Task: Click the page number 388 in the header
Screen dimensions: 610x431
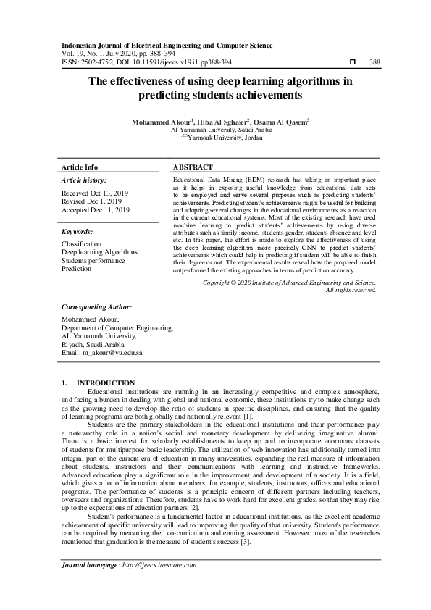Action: coord(374,63)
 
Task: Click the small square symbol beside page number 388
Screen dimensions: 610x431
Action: coord(351,63)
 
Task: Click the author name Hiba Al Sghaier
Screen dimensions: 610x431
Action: coord(222,122)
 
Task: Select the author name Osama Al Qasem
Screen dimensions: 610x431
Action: coord(282,122)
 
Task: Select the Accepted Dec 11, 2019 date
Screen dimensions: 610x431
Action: coord(96,210)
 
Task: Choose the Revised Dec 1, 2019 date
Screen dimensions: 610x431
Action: coord(92,202)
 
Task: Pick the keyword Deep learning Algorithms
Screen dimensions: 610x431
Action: coord(99,253)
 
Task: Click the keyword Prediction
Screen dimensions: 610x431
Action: coord(77,269)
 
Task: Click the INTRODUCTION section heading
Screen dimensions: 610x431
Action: coord(105,383)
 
